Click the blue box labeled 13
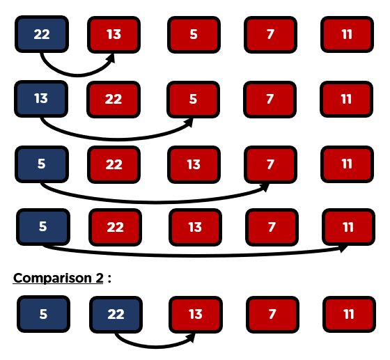41,99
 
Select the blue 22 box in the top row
42,34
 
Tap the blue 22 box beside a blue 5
116,315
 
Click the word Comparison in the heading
52,278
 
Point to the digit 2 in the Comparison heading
99,278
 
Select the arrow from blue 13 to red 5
117,139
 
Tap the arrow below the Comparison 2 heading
155,346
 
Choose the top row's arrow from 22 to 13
77,75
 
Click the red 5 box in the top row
194,35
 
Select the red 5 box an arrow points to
194,100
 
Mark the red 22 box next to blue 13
114,100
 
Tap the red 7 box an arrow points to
271,164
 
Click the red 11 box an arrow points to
348,227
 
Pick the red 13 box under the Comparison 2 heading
196,315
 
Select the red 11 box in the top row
348,34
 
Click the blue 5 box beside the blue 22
43,314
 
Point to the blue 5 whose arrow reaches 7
42,164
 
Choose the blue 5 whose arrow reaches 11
43,227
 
